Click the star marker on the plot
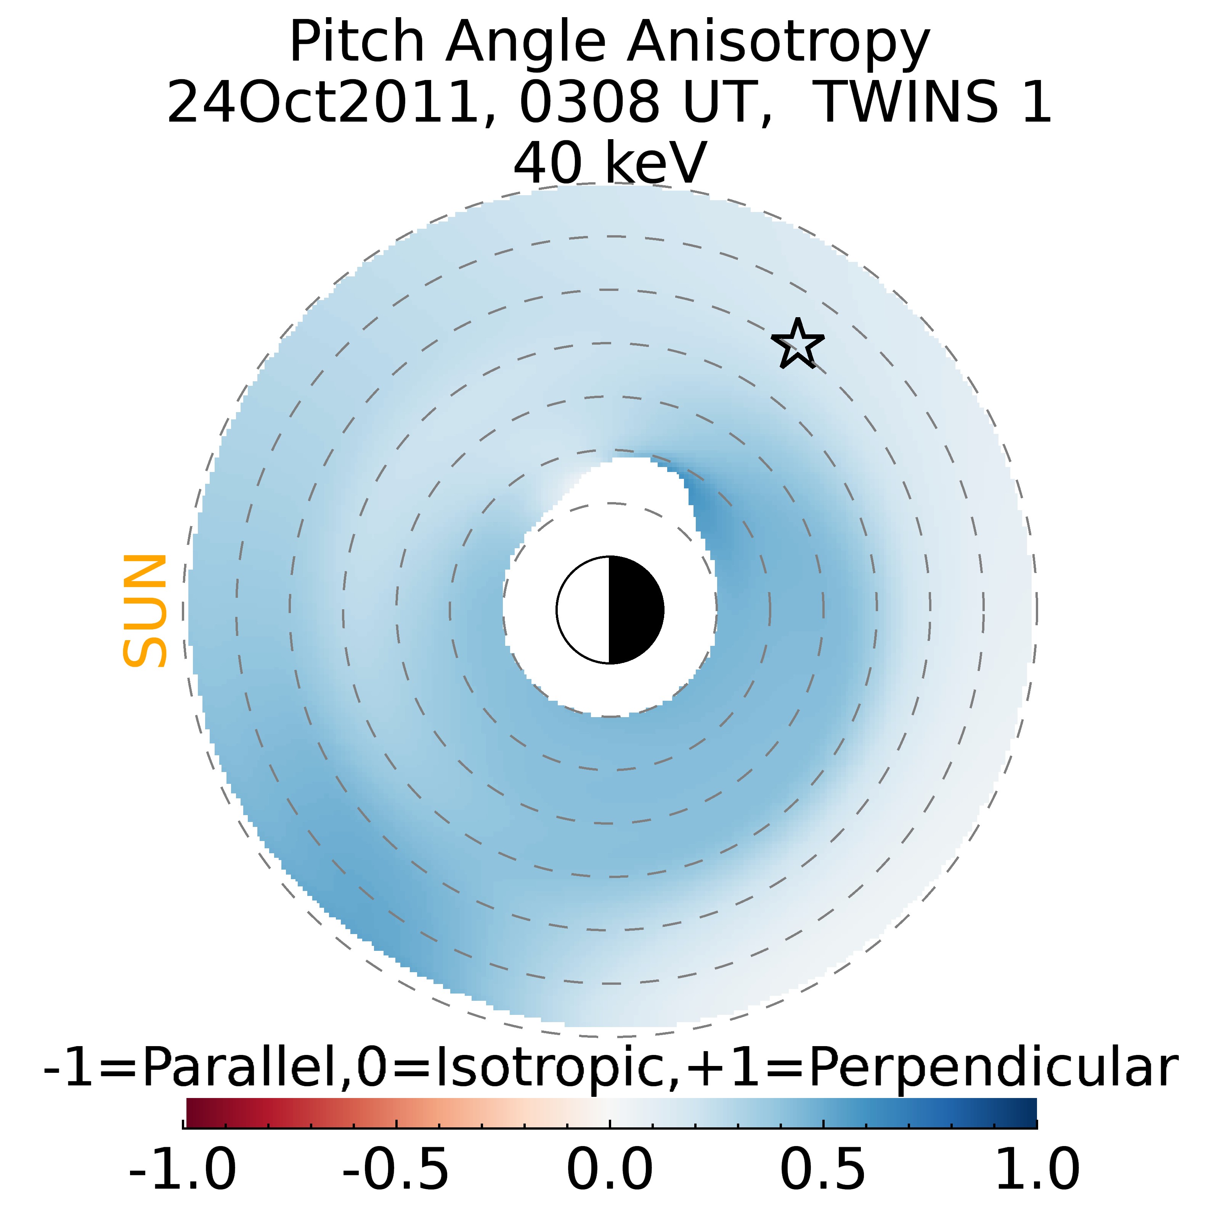[798, 345]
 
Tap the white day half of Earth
[583, 610]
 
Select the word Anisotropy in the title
[778, 43]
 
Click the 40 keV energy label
[610, 163]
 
